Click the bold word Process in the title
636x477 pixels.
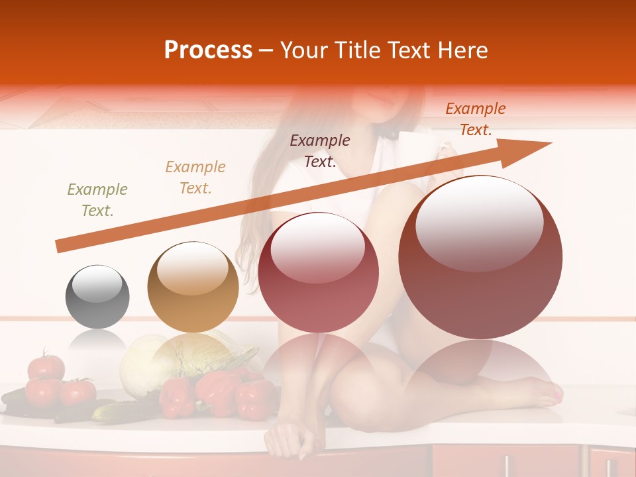[x=208, y=50]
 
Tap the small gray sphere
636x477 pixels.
[x=97, y=297]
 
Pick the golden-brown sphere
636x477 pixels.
[x=193, y=287]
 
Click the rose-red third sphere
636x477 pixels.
[x=318, y=272]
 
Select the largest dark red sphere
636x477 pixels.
[x=480, y=257]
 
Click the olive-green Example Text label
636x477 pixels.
[x=97, y=200]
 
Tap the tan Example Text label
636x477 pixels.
[x=195, y=178]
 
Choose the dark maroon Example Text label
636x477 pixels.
[x=320, y=150]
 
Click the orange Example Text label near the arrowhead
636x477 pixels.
[x=476, y=119]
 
